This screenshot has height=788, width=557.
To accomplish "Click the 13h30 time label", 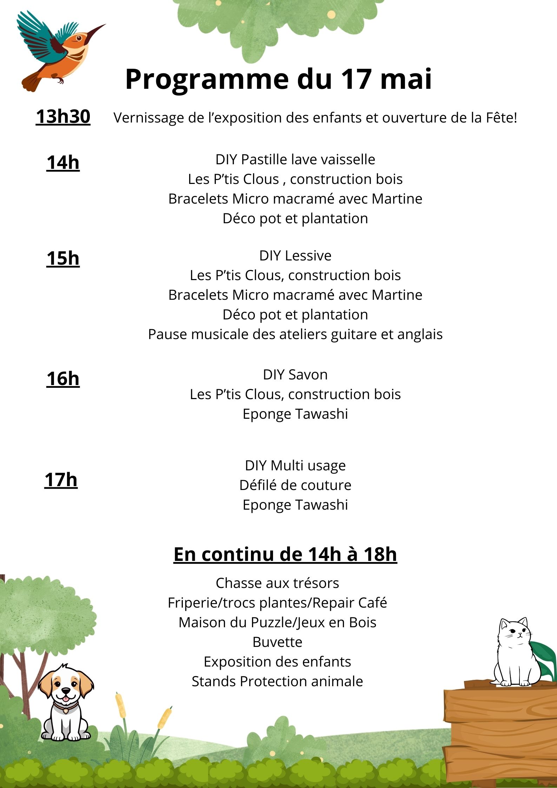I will (x=63, y=117).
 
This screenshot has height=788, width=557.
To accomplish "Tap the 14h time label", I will (x=63, y=163).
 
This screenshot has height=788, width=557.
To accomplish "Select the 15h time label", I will (x=63, y=258).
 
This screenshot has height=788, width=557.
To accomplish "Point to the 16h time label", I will (x=63, y=379).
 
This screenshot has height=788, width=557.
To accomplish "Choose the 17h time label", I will (x=61, y=480).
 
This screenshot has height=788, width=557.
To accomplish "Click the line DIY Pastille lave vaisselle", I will (x=295, y=159).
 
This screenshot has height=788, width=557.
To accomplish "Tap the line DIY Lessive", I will (x=295, y=256).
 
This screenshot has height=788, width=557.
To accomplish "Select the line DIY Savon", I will (x=295, y=375).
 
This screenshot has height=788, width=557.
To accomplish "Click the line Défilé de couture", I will (x=295, y=485).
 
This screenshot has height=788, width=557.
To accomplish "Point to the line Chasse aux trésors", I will (x=277, y=583).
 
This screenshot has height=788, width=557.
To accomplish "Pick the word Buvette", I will (x=277, y=642).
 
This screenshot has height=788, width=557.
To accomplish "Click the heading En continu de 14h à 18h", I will (x=285, y=555).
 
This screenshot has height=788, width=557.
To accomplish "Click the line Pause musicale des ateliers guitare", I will (x=295, y=334).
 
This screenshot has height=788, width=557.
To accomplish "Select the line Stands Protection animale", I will (x=277, y=681).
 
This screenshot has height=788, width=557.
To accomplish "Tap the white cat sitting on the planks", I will (x=514, y=653).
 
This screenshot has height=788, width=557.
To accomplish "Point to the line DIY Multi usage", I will (x=295, y=465).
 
